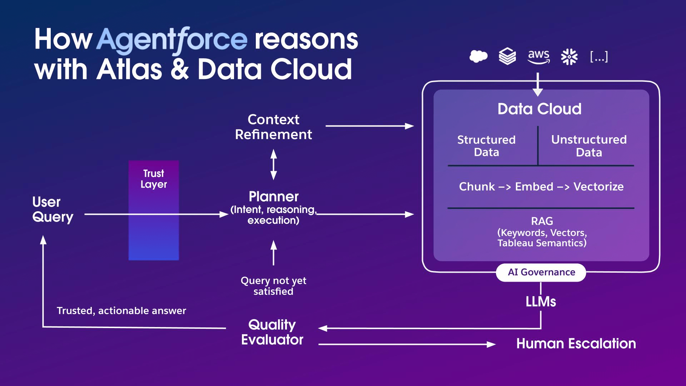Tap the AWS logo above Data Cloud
coord(538,56)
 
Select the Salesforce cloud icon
coord(478,56)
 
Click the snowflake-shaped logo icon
coord(569,57)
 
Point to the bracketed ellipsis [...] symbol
coord(599,56)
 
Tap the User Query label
coord(53,209)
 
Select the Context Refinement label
coord(273,127)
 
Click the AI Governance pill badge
coord(541,272)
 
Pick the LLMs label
coord(541,302)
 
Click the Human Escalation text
coord(576,344)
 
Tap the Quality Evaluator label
coord(272,332)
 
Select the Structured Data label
coord(486,146)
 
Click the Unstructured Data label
coord(589,146)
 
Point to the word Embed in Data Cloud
coord(534,187)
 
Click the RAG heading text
coord(542,221)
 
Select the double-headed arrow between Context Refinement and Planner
coord(274,165)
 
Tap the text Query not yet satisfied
coord(273,286)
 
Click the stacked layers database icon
coord(507,56)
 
